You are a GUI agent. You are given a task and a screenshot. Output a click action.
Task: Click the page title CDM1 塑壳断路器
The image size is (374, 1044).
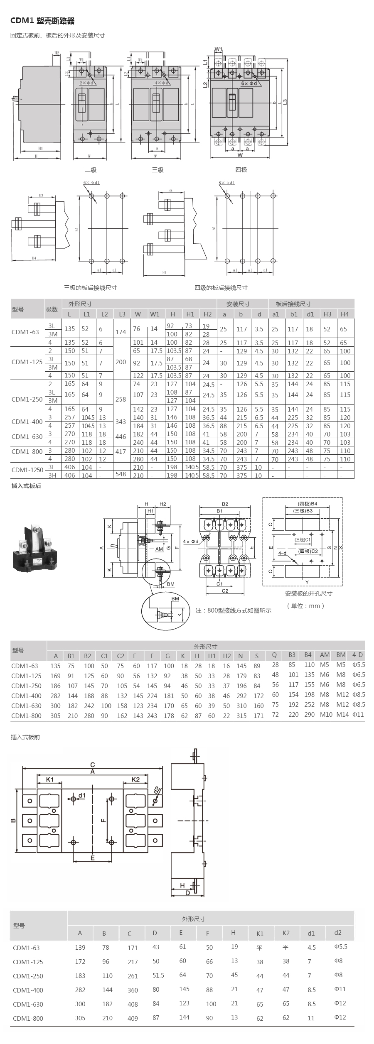(x=43, y=21)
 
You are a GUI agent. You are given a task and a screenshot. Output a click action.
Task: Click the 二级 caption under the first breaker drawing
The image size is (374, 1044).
(x=91, y=170)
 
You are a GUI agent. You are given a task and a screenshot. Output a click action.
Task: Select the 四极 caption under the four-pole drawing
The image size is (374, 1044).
(x=241, y=170)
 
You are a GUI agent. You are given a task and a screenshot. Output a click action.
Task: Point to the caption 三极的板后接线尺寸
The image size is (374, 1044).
(x=90, y=288)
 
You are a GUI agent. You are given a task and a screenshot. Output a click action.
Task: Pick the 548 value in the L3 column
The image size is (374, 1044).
(x=121, y=474)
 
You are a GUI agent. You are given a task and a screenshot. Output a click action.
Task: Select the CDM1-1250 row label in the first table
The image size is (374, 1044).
(x=27, y=470)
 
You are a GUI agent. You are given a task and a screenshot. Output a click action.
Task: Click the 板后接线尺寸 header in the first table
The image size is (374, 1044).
(x=293, y=304)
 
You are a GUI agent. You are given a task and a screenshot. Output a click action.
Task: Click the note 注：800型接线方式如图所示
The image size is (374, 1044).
(x=233, y=610)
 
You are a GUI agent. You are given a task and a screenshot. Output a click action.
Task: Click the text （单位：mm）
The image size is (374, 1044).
(x=305, y=606)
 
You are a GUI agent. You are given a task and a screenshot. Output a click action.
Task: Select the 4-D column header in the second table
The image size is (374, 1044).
(x=357, y=655)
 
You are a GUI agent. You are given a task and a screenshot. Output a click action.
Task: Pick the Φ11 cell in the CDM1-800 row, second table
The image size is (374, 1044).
(x=358, y=714)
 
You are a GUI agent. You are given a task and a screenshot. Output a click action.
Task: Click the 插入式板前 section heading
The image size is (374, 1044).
(x=25, y=737)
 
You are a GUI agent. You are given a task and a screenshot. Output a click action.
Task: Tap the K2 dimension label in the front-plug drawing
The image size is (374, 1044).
(x=135, y=779)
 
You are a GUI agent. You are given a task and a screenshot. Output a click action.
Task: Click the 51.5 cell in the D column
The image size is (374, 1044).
(x=158, y=975)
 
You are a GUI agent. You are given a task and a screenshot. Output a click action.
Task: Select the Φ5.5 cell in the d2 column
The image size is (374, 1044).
(x=340, y=946)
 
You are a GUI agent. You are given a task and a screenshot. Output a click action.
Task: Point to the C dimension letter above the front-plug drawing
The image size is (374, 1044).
(x=93, y=765)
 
